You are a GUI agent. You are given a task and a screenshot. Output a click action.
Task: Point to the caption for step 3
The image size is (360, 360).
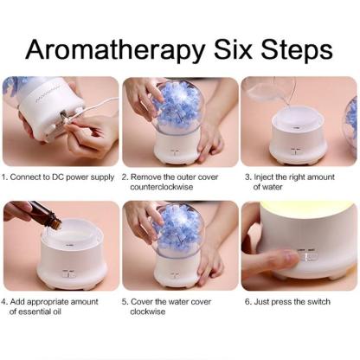(299, 181)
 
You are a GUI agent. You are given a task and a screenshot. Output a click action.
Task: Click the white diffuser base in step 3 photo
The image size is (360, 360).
(299, 138)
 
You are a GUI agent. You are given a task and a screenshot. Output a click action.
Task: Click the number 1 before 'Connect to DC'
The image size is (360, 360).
(5, 176)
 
